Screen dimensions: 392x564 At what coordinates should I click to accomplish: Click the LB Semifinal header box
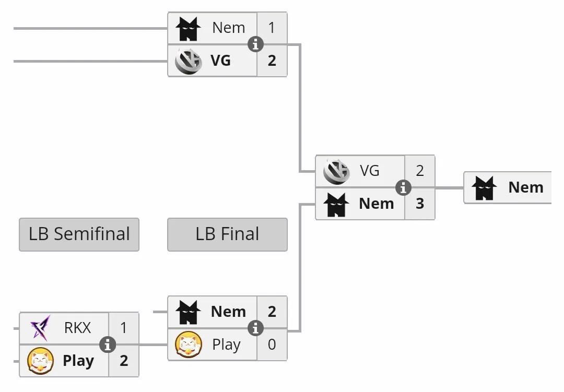pos(79,234)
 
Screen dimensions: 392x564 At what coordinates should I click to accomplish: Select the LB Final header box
pos(227,234)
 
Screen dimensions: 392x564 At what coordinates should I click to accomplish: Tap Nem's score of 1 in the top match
pos(272,28)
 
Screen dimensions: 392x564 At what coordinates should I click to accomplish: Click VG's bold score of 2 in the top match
pos(272,61)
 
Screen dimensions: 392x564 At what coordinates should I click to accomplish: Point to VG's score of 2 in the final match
pos(420,171)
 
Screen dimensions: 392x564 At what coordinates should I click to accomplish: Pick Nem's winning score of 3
pos(420,204)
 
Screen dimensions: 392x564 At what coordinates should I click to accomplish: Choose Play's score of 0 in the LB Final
pos(272,345)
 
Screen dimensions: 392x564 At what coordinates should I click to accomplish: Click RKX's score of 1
pos(124,328)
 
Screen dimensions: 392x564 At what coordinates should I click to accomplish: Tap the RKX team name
pos(77,328)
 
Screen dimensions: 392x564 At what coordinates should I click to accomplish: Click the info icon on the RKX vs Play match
pos(108,345)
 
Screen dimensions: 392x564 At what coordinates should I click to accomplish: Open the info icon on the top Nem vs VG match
pos(255,44)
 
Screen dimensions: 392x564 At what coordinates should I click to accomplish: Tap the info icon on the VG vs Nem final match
pos(403,187)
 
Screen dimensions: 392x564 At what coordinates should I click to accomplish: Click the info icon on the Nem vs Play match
pos(255,328)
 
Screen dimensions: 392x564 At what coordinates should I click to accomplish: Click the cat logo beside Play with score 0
pos(189,345)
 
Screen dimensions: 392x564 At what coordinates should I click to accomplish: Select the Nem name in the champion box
pos(525,187)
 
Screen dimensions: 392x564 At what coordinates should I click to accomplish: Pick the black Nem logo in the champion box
pos(484,188)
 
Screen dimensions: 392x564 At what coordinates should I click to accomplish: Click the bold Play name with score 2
pos(78,361)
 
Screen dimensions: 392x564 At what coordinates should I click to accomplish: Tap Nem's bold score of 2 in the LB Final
pos(272,312)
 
